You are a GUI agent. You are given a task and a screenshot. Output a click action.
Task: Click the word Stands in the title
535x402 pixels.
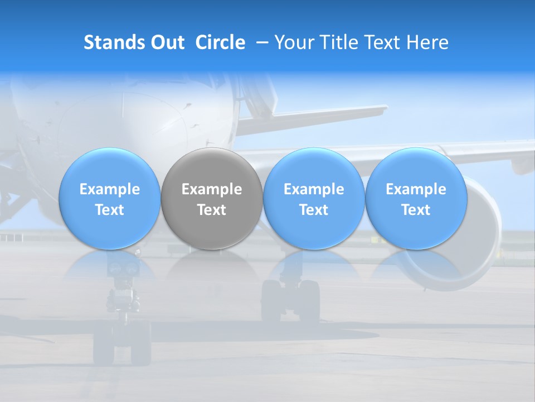[114, 42]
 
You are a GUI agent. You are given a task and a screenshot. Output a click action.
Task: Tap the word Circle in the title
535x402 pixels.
[220, 42]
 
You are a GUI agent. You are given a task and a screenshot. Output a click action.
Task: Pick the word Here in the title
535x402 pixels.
[426, 42]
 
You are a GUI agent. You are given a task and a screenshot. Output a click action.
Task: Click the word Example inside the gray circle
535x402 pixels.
[212, 189]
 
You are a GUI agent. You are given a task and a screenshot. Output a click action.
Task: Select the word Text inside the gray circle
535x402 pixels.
[212, 210]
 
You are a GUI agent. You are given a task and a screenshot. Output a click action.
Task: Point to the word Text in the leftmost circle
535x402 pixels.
[109, 210]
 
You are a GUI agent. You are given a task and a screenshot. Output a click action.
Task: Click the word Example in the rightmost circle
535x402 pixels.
[416, 189]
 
